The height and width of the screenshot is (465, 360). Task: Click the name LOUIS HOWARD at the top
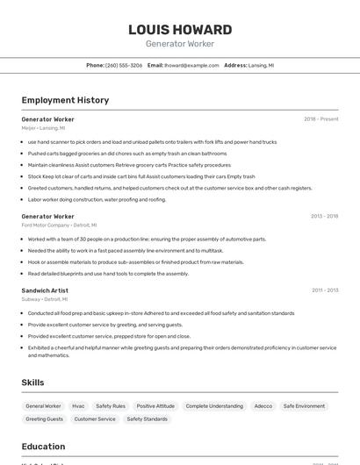[180, 30]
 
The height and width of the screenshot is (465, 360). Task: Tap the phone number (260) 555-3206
[124, 66]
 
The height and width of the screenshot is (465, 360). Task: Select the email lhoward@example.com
[191, 66]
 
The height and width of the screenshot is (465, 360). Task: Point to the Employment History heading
[65, 101]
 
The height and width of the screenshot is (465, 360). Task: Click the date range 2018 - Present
[320, 119]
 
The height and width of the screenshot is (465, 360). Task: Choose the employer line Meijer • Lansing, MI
[43, 128]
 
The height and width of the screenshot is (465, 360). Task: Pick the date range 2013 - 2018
[324, 216]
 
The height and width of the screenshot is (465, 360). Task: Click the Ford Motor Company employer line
[57, 225]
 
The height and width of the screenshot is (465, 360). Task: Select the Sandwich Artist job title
[45, 290]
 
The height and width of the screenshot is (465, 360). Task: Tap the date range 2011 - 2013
[325, 290]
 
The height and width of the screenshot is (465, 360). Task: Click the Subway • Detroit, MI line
[45, 299]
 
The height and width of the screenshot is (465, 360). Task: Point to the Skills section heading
[33, 383]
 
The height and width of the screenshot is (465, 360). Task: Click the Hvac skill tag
[78, 406]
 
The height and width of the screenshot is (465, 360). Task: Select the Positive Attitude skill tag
[155, 406]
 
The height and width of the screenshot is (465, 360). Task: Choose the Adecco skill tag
[263, 406]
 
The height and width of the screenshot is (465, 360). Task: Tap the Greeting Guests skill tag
[44, 419]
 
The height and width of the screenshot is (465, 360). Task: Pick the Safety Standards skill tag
[147, 419]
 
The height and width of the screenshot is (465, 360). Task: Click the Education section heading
[44, 446]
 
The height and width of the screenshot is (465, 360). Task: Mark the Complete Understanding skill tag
[214, 406]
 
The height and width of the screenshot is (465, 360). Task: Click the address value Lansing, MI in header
[261, 66]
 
